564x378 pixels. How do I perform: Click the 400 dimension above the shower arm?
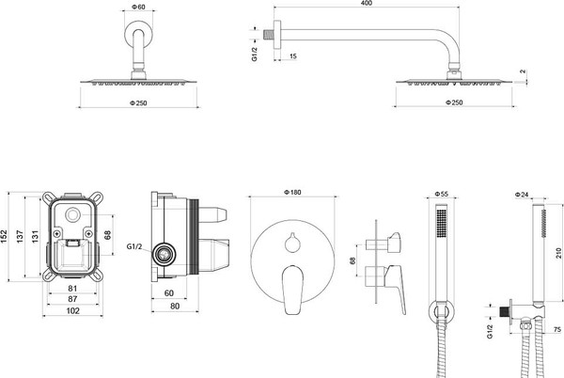point(366,3)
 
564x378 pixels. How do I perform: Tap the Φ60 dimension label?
point(138,7)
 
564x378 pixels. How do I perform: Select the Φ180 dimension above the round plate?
point(292,193)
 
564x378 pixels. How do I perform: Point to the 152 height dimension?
point(4,236)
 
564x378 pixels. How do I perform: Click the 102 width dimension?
point(72,310)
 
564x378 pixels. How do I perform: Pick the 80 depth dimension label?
point(175,307)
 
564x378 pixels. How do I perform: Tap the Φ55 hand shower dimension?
point(442,194)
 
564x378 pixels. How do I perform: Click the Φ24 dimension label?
point(522,195)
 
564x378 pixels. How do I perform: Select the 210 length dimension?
point(558,253)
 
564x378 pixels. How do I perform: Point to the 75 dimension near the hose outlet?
point(557,329)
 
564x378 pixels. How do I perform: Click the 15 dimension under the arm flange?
point(292,56)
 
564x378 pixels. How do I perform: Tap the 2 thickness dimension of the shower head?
point(523,71)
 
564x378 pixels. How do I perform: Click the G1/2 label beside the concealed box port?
point(134,246)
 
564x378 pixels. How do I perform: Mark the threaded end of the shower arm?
point(268,34)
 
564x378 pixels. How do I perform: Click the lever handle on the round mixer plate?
point(292,290)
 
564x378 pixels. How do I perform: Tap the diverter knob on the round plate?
point(292,243)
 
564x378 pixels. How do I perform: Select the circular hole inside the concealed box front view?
point(72,215)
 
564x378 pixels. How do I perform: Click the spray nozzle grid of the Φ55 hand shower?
point(442,223)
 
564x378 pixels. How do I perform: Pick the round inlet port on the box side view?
point(164,255)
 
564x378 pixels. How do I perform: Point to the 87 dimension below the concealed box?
point(72,299)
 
